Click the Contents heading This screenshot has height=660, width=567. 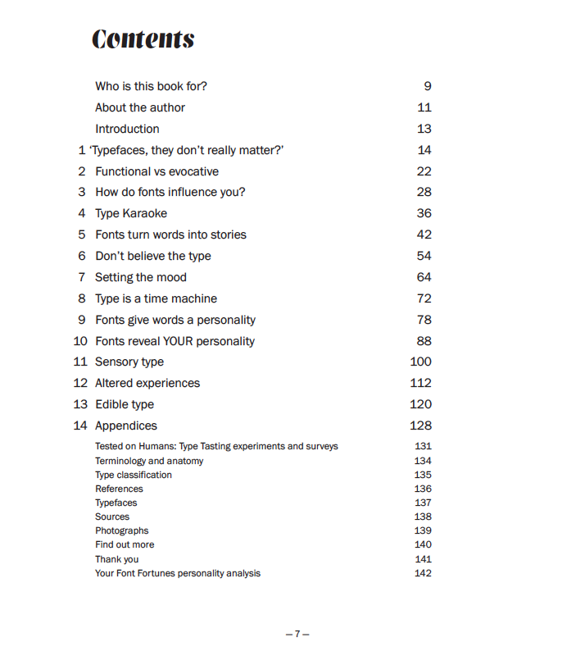[143, 39]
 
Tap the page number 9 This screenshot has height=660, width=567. [427, 86]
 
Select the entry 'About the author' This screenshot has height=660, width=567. [140, 107]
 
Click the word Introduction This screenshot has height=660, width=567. [127, 129]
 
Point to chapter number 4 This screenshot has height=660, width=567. [82, 213]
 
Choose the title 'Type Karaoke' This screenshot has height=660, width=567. [131, 213]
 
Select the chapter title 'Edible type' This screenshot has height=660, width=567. [125, 404]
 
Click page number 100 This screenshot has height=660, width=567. [420, 362]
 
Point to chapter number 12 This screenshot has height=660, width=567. [80, 383]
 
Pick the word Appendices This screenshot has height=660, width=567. [126, 426]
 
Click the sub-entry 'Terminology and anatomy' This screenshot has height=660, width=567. [149, 461]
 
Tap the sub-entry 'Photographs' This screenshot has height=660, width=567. [122, 530]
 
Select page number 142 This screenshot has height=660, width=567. [423, 573]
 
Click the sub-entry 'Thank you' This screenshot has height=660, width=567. [117, 559]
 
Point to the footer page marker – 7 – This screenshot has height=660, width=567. [297, 634]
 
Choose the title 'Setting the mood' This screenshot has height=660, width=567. [141, 277]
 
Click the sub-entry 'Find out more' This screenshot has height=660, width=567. [125, 544]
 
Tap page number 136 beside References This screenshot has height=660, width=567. [423, 489]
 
